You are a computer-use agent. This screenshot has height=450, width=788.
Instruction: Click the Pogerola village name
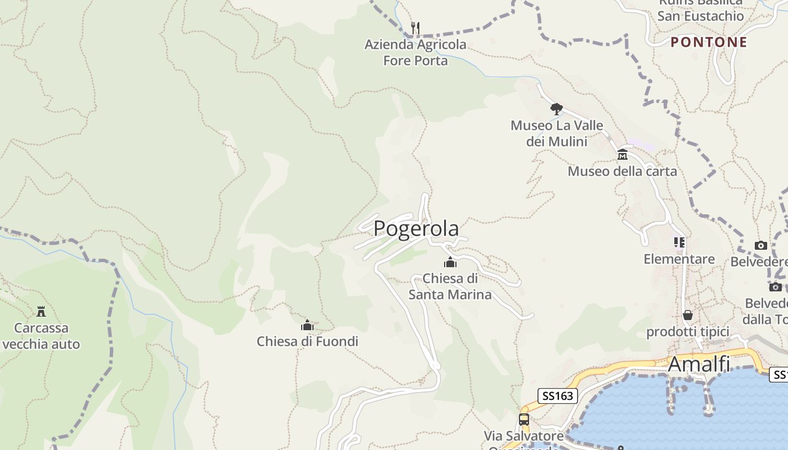coord(416,228)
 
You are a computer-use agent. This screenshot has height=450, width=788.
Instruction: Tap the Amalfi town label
coord(699,364)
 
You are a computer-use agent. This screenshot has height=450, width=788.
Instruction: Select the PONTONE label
coord(709,42)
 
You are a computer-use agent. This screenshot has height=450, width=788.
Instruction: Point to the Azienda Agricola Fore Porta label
coord(415,52)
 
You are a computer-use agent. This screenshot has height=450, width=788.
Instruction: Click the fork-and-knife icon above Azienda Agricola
coord(415,28)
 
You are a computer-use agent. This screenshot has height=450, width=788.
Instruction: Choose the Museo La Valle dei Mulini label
coord(557,133)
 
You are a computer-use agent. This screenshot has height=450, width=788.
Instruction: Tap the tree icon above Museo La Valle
coord(556,109)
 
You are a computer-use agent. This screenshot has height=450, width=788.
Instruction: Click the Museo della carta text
coord(622,171)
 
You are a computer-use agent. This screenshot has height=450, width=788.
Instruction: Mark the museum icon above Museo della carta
coord(622,154)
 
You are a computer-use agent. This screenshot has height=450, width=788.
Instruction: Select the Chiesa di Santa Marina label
coord(450,286)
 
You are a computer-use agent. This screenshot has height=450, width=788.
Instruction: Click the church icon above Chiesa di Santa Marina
coord(450,262)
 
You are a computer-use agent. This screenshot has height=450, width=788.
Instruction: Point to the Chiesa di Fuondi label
coord(307,341)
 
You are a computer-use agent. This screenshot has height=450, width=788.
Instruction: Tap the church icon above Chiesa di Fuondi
coord(307,325)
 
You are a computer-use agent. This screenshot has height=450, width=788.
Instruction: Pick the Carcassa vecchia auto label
coord(41,336)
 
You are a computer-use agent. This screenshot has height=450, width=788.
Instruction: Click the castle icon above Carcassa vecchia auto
coord(41,311)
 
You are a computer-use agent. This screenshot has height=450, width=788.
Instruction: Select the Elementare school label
coord(679,259)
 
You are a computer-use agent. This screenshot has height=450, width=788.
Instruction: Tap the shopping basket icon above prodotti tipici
coord(687,314)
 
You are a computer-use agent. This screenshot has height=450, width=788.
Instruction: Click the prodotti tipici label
coord(687,331)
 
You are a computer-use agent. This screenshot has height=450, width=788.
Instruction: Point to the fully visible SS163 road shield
coord(558,396)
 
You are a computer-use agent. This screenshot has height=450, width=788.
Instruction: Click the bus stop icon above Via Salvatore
coord(523,419)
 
